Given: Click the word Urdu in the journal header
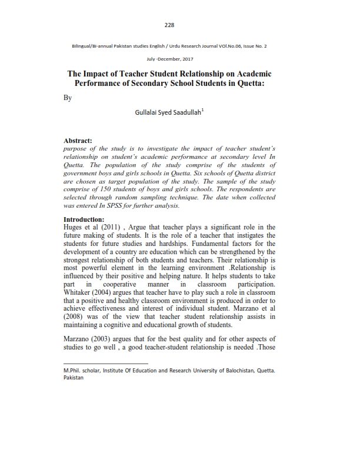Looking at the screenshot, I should tap(194, 45).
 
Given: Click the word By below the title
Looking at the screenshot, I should tap(67, 98).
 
